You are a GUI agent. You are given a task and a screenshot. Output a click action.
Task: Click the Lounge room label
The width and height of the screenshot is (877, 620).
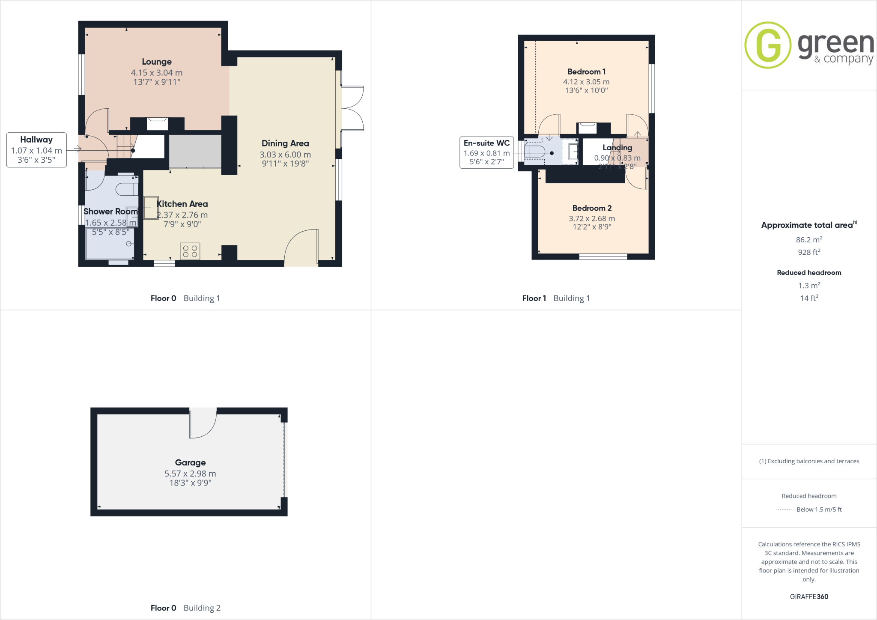(157, 62)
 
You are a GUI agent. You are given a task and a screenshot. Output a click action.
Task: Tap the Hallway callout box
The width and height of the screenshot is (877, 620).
(36, 150)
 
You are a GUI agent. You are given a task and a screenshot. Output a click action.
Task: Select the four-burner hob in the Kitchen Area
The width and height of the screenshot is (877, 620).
(190, 251)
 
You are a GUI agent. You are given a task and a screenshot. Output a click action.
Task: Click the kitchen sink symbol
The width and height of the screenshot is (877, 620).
(151, 208)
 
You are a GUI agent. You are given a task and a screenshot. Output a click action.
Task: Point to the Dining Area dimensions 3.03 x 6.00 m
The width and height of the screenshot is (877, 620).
(285, 155)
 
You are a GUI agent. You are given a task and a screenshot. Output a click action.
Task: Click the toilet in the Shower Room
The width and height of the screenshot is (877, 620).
(127, 189)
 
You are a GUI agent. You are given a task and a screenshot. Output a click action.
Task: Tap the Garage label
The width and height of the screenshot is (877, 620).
(190, 462)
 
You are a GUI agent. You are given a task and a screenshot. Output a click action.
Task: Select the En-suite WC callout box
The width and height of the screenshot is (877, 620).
(486, 152)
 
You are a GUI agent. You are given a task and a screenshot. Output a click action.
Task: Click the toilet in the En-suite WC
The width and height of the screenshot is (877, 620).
(535, 152)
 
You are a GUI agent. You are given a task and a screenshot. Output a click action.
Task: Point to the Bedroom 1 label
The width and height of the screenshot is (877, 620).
(586, 72)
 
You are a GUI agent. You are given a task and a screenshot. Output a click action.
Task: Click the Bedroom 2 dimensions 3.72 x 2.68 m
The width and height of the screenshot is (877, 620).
(592, 218)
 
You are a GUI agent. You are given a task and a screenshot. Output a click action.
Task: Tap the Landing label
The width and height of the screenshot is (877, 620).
(617, 148)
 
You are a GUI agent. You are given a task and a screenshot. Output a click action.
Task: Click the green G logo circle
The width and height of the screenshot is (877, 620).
(768, 45)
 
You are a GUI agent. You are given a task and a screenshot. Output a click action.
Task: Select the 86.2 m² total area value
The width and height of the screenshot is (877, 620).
(809, 240)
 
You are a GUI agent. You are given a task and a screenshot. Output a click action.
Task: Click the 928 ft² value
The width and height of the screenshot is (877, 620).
(809, 252)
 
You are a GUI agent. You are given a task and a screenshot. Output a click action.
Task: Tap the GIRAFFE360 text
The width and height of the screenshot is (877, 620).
(809, 596)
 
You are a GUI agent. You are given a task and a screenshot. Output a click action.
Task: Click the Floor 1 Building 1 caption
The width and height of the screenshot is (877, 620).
(556, 298)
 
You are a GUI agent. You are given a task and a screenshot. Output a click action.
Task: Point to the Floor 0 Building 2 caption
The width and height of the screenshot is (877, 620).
(185, 608)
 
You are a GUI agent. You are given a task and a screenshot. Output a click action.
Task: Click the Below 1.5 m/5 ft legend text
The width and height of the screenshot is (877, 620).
(819, 510)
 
